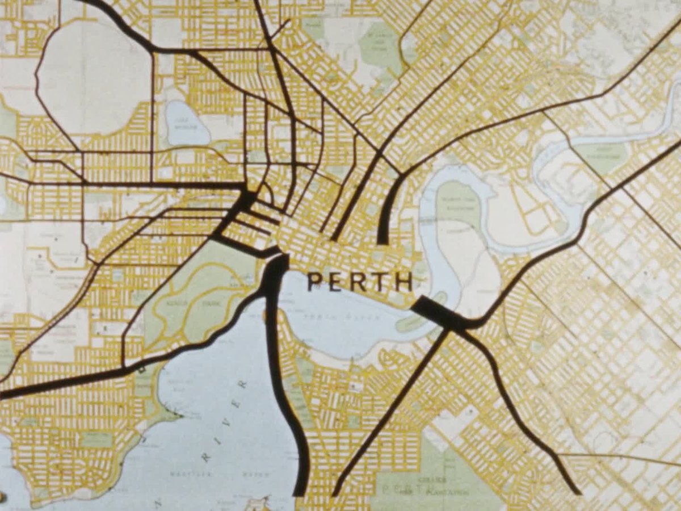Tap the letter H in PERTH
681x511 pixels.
pyautogui.click(x=403, y=282)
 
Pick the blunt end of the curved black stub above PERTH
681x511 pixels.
pyautogui.click(x=383, y=241)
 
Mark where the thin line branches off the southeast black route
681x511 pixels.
pyautogui.click(x=558, y=454)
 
